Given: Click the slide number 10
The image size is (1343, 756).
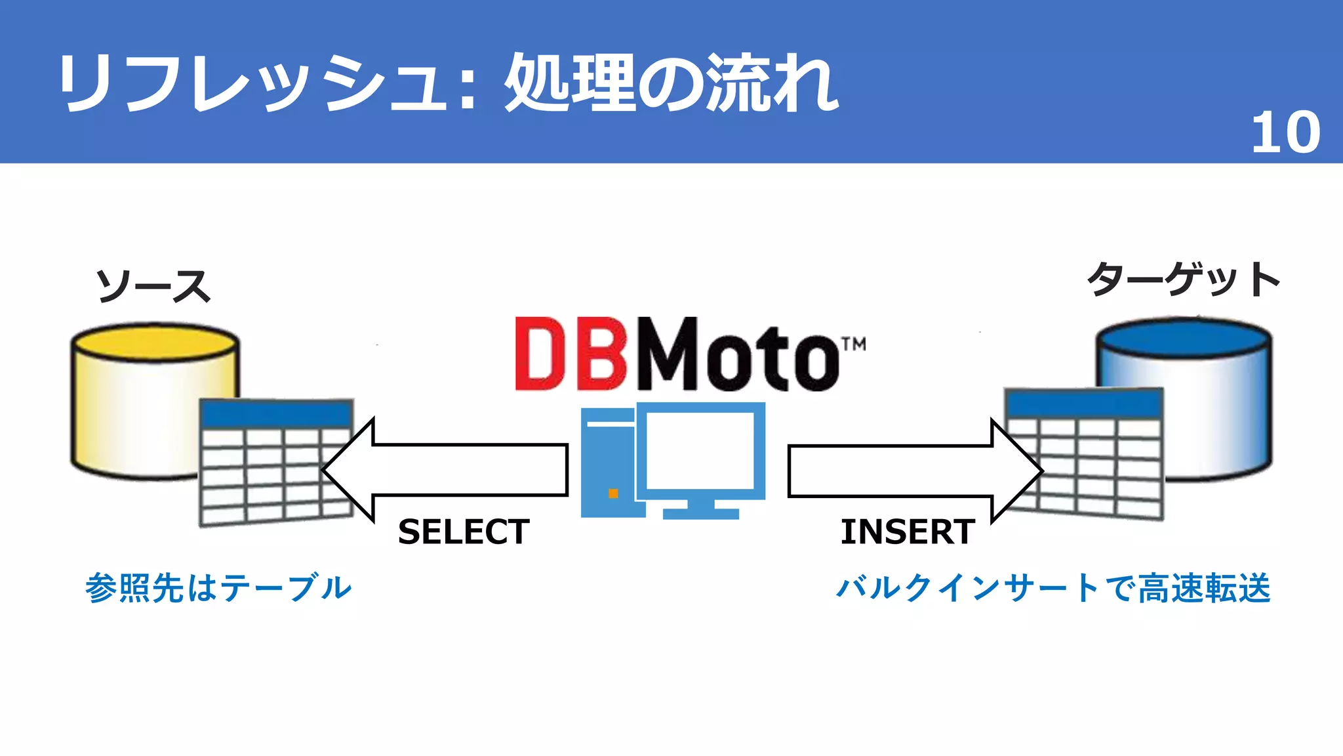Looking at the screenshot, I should point(1285,133).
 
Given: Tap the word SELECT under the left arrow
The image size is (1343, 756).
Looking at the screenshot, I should point(464,532).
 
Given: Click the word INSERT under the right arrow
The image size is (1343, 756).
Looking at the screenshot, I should point(908,532).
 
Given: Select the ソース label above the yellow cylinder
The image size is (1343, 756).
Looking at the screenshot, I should point(153,286).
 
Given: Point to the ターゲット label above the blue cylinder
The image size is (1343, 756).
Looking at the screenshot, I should point(1183,280).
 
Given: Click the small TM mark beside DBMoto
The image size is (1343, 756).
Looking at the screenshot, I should point(854,345).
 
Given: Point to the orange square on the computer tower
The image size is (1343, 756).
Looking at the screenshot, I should point(613,493).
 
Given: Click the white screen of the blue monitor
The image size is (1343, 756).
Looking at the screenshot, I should point(700,450).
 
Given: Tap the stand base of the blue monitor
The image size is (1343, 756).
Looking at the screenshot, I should point(700,513).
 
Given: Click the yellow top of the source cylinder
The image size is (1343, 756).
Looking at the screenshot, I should point(155,341).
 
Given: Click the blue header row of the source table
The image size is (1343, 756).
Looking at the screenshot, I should point(276,414).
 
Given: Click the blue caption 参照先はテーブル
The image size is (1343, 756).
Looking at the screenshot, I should point(218,588).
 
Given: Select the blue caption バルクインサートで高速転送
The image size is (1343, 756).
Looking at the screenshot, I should point(1053,588).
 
